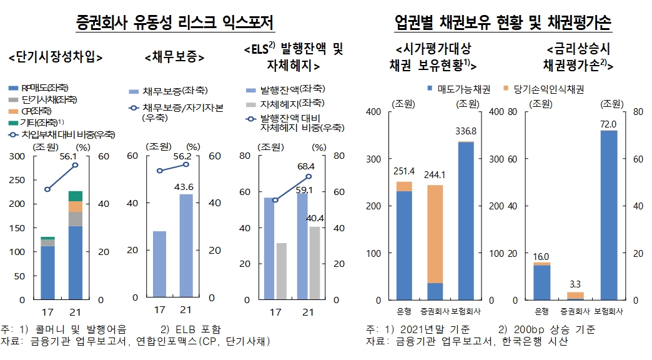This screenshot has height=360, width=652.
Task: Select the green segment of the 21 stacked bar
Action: pos(76,196)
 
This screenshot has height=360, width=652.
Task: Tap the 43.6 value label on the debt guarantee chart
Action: pos(185,187)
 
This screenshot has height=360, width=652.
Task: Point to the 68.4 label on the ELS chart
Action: pos(305,167)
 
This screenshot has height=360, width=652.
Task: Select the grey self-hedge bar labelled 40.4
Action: pos(314,262)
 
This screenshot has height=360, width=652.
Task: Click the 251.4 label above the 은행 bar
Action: pos(404,171)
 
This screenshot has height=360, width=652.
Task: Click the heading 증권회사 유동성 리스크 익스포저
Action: pos(175,24)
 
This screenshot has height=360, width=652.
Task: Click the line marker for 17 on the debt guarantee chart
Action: pos(159,171)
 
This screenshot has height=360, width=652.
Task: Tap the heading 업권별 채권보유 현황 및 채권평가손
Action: pos(503,24)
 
